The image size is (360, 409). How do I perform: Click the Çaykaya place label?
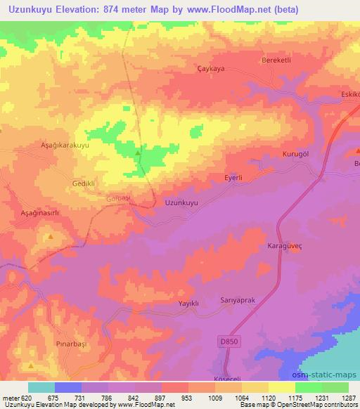coord(210,69)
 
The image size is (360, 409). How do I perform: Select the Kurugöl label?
coord(296,154)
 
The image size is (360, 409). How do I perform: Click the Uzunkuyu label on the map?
coord(181,202)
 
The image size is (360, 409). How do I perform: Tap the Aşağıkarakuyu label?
coord(64,145)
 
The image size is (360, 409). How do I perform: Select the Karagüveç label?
coord(285,247)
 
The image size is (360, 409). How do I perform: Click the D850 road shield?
coord(224,341)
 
